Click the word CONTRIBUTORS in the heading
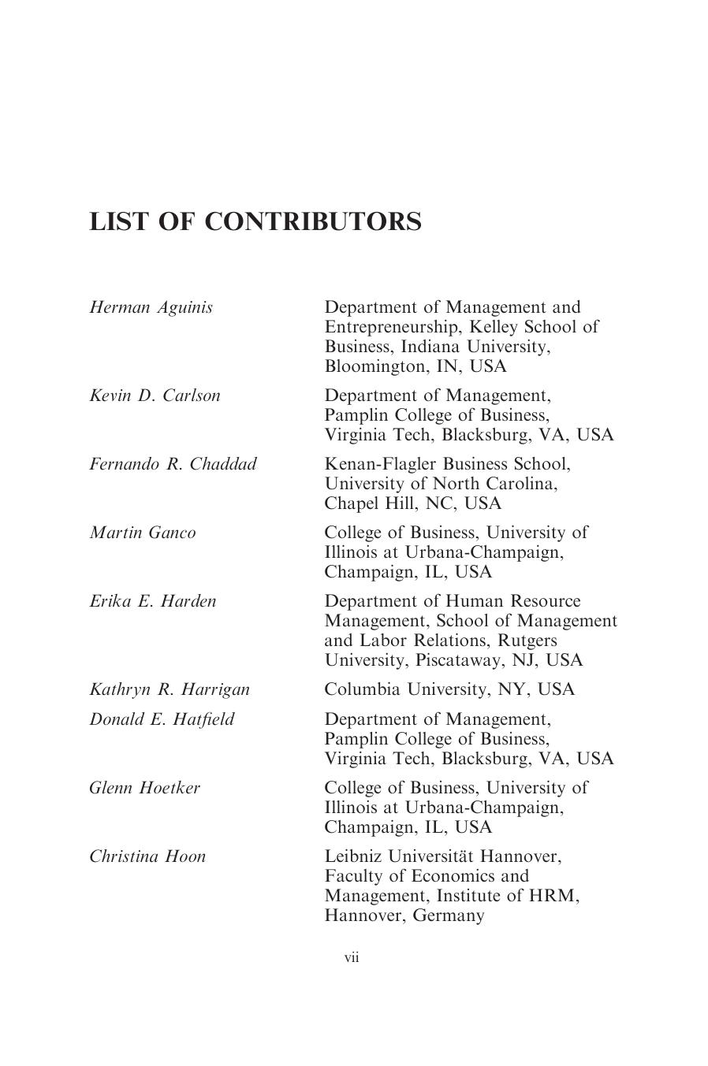[313, 221]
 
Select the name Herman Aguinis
[151, 307]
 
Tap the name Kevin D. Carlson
[155, 396]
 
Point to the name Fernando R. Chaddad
[173, 464]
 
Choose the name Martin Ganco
[142, 533]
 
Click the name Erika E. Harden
[152, 601]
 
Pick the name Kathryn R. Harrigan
[170, 689]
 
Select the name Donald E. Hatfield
[162, 719]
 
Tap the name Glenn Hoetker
[144, 788]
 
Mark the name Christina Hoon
[147, 856]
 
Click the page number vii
[352, 957]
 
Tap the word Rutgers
[528, 641]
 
